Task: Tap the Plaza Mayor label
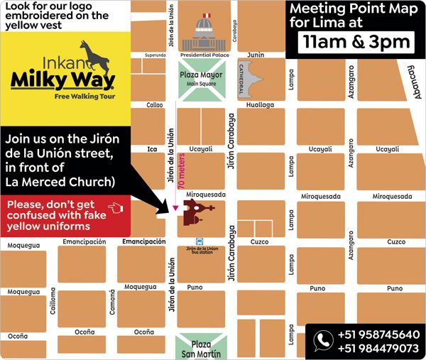201,75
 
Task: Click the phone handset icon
324,339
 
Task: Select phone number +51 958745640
378,334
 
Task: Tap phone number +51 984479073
378,348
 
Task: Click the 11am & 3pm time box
356,41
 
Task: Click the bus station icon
200,241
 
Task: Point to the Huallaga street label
259,104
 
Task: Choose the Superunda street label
154,54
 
